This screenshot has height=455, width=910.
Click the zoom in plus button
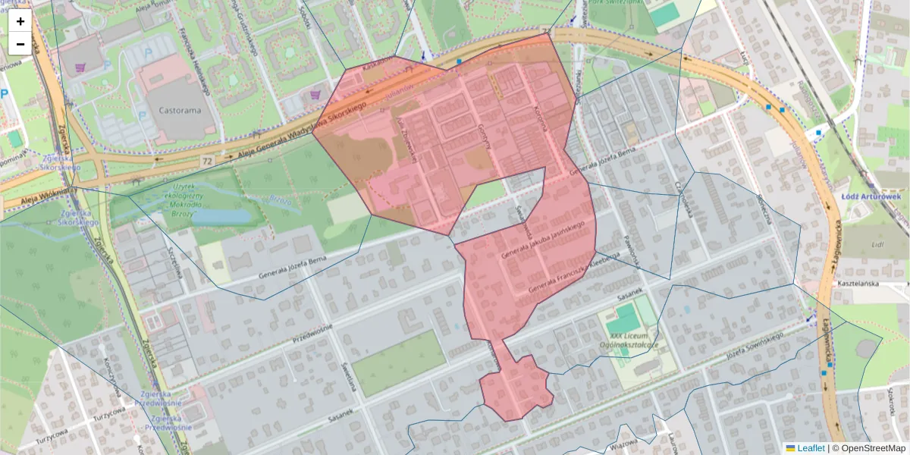[20, 21]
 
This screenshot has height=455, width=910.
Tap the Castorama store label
[180, 110]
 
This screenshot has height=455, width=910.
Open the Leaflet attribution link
[810, 448]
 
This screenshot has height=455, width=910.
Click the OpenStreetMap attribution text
[873, 448]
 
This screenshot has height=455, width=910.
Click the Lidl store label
[878, 244]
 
